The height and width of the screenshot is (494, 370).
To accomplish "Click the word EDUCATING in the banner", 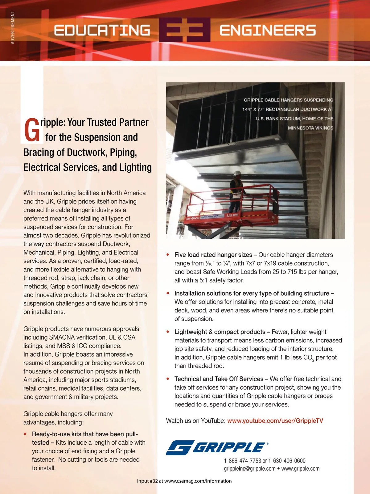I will point(102,30).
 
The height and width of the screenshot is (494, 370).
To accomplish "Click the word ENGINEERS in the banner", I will point(268,30).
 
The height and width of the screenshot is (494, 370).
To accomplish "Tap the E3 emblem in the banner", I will point(185,30).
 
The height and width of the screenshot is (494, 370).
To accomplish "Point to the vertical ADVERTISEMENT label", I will point(13,27).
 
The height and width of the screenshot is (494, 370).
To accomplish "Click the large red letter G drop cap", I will point(31,130).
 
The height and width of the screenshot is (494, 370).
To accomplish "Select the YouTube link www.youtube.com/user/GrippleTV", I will point(275,421).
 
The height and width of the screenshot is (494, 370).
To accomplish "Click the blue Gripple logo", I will point(217,447).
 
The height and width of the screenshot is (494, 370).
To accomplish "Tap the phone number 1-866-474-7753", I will point(242,461).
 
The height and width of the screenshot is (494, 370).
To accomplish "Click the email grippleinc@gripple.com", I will point(249,468).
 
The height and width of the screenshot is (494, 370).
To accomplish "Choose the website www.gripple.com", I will point(300,468).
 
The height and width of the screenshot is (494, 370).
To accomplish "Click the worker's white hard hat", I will point(237,174).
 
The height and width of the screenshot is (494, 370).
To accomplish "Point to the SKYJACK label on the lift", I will point(193,218).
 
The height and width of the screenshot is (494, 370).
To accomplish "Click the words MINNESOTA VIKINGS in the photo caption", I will point(310,128).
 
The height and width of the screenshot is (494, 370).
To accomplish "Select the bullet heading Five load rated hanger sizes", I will point(213,255).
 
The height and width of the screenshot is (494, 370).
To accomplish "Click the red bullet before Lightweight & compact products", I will point(168,332).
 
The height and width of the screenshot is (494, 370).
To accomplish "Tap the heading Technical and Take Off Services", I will point(219,379).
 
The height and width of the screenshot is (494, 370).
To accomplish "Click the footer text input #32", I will point(147,481).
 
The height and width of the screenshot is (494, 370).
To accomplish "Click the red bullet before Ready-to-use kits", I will point(25,434).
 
